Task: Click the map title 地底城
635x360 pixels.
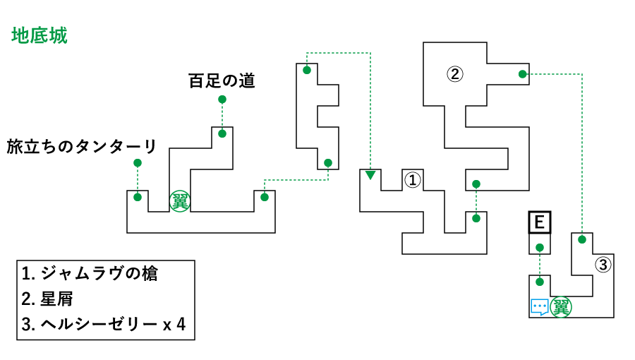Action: coord(40,36)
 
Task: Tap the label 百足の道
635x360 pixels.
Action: coord(222,81)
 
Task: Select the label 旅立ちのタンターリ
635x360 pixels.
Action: coord(82,147)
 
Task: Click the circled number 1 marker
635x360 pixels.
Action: coord(412,180)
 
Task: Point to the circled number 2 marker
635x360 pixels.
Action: coord(454,73)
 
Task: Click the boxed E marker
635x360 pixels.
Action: coord(540,223)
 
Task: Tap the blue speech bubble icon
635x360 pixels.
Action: coord(540,307)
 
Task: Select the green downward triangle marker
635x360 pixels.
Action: coord(370,174)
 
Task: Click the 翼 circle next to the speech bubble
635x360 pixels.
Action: coord(561,307)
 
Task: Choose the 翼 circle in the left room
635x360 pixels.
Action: coord(180,201)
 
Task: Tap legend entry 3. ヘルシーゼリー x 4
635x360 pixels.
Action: coord(103,325)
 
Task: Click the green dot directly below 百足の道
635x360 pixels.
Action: coord(222,100)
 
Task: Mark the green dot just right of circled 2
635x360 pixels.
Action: coord(522,74)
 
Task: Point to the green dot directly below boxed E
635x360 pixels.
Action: coord(540,248)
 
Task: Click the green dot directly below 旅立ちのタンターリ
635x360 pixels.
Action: coord(138,163)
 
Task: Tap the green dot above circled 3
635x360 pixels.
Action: coord(582,239)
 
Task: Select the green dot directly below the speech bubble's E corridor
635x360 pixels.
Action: coord(540,282)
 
